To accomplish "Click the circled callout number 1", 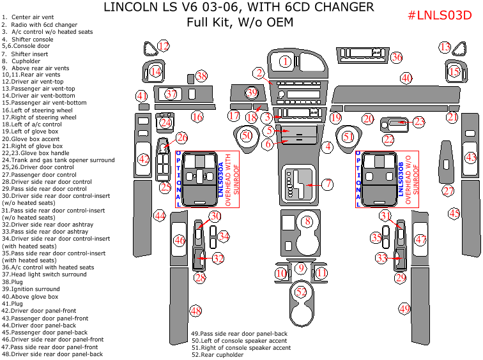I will click(x=285, y=61).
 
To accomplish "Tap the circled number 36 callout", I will click(x=397, y=57).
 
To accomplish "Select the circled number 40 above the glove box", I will click(x=406, y=78).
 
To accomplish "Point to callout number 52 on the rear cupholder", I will click(x=302, y=291).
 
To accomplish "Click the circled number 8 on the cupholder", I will click(x=307, y=221).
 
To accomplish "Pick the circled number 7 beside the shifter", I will click(x=327, y=184).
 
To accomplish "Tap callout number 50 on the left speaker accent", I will click(x=247, y=135).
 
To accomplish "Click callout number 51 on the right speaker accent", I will click(x=348, y=137).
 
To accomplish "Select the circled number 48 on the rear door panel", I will click(x=195, y=311).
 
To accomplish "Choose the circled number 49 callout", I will click(x=404, y=308).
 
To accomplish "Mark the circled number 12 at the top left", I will click(x=164, y=45).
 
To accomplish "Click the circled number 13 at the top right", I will click(x=445, y=47).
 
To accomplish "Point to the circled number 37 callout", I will click(x=170, y=94).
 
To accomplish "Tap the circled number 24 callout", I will click(x=166, y=122).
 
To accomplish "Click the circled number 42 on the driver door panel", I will click(x=144, y=159).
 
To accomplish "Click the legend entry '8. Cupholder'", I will click(x=21, y=61).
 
